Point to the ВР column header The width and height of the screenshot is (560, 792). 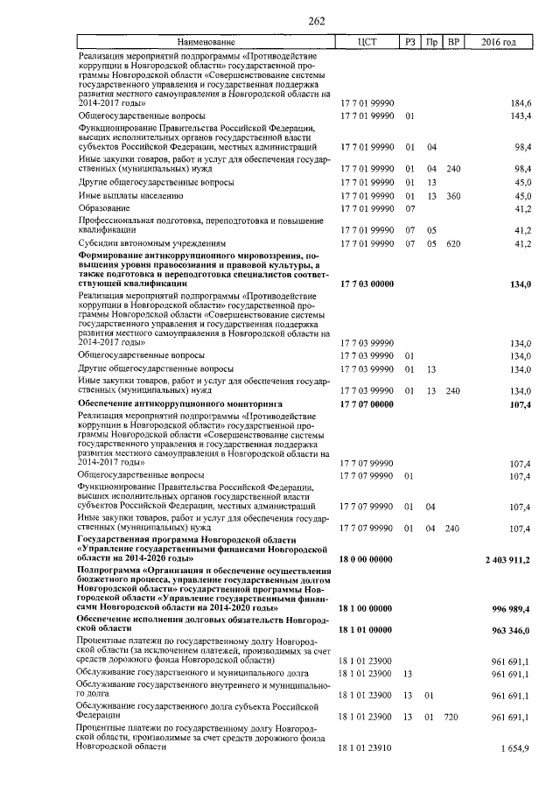pos(452,42)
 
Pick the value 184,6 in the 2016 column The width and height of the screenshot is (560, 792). pos(521,103)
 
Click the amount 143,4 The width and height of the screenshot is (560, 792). pos(521,116)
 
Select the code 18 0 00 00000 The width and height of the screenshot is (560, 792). pos(367,558)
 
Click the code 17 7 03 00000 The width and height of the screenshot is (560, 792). pos(367,284)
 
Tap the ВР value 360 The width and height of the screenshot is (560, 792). pos(452,196)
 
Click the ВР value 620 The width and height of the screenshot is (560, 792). pos(452,242)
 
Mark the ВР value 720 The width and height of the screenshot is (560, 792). pos(452,717)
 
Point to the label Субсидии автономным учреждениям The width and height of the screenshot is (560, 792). pos(152,242)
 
